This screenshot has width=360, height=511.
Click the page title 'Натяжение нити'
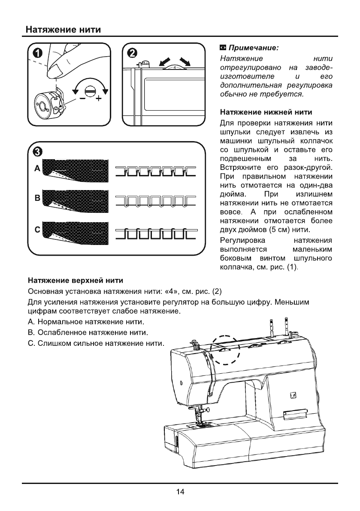(63, 30)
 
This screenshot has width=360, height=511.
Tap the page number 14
(180, 492)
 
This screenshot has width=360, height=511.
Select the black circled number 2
(133, 53)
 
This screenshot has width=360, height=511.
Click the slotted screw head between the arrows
(90, 91)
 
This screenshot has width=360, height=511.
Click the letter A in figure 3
(37, 169)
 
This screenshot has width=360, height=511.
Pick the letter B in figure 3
(37, 199)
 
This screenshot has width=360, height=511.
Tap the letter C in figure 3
(37, 230)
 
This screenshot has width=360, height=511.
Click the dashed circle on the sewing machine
(223, 350)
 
